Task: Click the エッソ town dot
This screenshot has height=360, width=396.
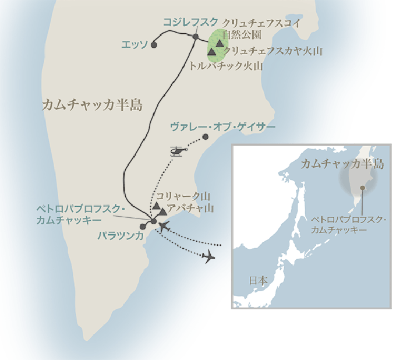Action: click(153, 44)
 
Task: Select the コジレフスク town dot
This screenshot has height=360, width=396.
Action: click(196, 37)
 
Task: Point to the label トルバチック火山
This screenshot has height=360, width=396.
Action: click(226, 66)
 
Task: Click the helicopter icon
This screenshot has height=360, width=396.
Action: click(177, 151)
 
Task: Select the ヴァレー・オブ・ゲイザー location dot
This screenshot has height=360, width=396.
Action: click(205, 137)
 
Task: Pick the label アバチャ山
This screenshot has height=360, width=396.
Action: click(188, 207)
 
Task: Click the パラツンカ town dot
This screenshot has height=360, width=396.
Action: click(143, 226)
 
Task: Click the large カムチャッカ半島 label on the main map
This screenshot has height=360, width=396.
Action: click(93, 104)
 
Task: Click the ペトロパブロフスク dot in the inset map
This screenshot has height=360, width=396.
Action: click(363, 188)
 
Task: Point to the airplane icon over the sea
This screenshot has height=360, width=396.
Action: click(209, 256)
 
